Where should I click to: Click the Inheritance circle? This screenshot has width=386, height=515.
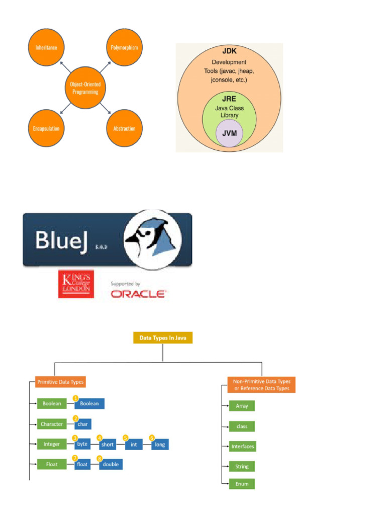tap(46, 47)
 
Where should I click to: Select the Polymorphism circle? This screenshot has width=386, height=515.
tap(125, 47)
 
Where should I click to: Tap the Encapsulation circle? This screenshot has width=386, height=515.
tap(46, 128)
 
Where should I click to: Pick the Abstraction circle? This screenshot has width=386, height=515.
tap(125, 128)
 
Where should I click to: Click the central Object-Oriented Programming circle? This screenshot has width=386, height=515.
tap(85, 88)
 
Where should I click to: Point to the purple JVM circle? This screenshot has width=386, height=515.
tap(229, 133)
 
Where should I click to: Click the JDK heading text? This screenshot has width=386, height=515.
tap(229, 51)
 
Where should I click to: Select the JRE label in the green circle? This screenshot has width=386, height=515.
tap(229, 99)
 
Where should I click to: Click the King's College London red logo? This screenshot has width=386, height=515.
tap(76, 284)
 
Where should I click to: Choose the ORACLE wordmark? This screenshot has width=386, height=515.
tap(139, 294)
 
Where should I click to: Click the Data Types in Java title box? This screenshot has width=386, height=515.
tap(163, 337)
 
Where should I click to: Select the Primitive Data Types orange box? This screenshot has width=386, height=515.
tap(60, 382)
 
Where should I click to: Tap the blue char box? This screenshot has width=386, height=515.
tap(83, 424)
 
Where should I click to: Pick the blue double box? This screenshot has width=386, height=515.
tap(111, 464)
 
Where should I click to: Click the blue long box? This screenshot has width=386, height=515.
tap(160, 445)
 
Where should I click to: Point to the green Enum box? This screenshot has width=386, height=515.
tap(242, 484)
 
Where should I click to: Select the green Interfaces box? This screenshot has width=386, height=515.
tap(243, 447)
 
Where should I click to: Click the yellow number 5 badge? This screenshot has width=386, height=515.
tap(125, 438)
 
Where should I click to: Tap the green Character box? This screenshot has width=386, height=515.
tap(52, 424)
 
